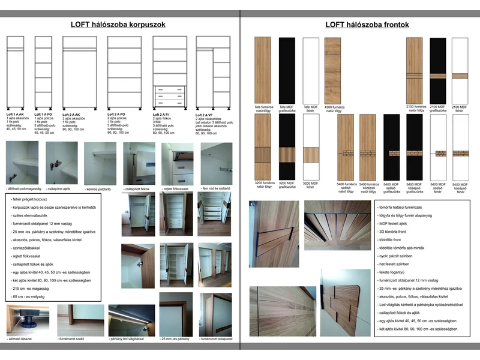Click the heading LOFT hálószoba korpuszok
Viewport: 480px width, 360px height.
118,25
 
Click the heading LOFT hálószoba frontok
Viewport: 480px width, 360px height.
367,25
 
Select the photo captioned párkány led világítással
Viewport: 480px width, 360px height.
131,320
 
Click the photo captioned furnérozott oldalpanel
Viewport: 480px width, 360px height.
215,314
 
